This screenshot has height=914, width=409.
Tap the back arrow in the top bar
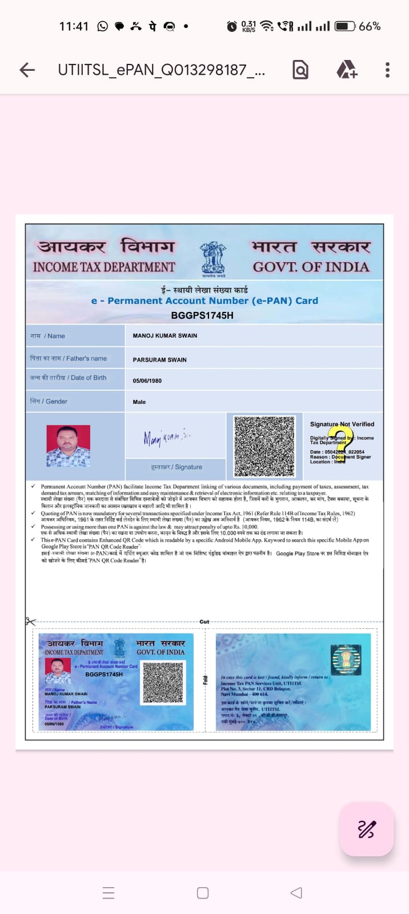(x=27, y=70)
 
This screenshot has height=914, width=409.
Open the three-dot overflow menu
(x=387, y=70)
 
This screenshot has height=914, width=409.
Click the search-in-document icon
(x=300, y=70)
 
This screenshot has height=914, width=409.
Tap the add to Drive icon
(x=346, y=70)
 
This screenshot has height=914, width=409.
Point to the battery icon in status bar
(x=344, y=26)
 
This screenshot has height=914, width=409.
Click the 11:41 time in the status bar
(x=74, y=26)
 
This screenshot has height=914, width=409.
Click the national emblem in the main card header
(x=212, y=259)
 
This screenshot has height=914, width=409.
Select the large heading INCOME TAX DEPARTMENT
(x=104, y=267)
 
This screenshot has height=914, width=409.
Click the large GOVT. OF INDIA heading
(x=311, y=267)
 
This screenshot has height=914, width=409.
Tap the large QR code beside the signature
(x=264, y=446)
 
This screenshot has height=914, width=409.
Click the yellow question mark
(x=343, y=440)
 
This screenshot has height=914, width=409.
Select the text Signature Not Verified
(x=342, y=424)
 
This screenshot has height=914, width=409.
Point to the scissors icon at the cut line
(x=30, y=622)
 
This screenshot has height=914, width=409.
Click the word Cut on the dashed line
(x=204, y=622)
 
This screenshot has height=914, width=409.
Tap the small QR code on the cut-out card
(x=163, y=682)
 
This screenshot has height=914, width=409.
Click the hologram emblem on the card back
(x=346, y=659)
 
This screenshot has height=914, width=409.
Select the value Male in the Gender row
(x=139, y=402)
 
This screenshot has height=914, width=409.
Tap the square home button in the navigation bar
(x=203, y=893)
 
